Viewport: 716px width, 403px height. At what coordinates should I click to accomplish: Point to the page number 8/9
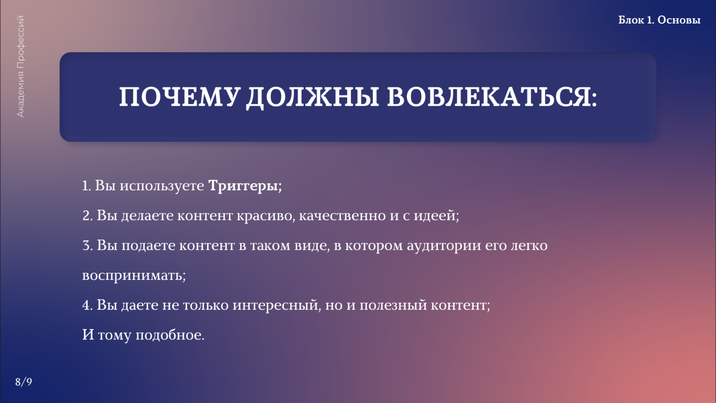23,382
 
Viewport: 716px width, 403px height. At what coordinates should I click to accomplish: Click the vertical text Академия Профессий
21,66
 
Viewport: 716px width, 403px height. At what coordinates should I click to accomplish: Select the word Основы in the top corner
679,20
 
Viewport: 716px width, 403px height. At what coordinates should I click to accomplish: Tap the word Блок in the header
631,20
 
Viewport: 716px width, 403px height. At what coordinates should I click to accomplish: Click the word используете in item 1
161,185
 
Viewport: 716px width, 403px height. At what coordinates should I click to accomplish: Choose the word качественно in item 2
342,216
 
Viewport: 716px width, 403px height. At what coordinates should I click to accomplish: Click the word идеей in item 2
435,216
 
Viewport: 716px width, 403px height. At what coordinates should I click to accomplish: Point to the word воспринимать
132,276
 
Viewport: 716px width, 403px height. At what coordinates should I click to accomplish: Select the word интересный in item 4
275,305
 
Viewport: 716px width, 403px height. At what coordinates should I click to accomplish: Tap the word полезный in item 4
393,305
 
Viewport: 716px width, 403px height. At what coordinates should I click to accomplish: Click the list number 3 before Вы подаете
87,246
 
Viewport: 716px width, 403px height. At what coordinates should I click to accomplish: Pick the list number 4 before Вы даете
87,305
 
